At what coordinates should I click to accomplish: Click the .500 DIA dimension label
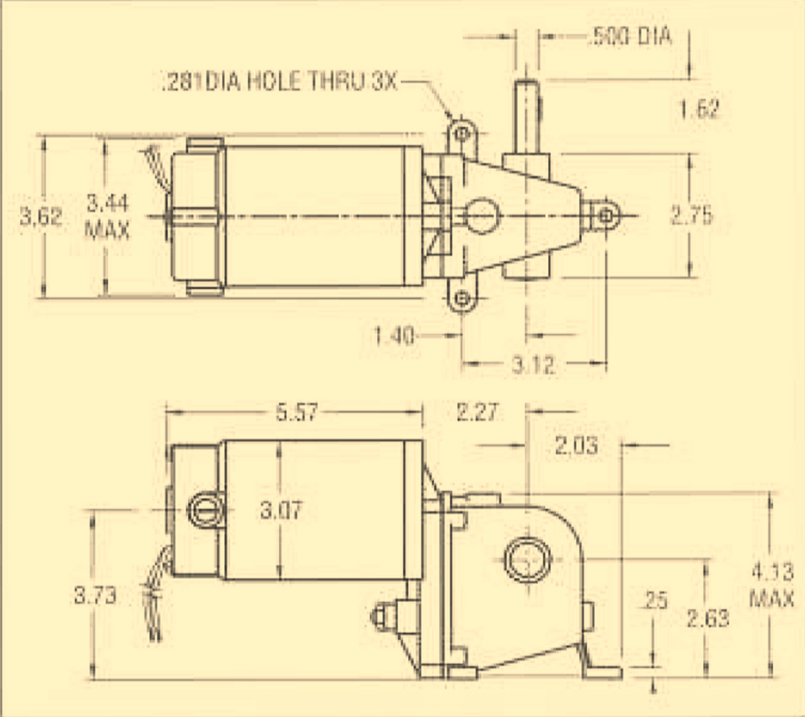pyautogui.click(x=631, y=37)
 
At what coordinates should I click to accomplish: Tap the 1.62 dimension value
pyautogui.click(x=699, y=109)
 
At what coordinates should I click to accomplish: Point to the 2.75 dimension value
pyautogui.click(x=691, y=215)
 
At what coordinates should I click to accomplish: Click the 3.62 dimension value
pyautogui.click(x=41, y=216)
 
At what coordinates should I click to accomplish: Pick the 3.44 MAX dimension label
pyautogui.click(x=107, y=216)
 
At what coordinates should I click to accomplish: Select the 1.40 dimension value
pyautogui.click(x=394, y=336)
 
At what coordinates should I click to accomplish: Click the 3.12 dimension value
pyautogui.click(x=533, y=365)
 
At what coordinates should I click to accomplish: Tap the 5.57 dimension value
pyautogui.click(x=296, y=413)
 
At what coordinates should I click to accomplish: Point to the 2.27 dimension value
pyautogui.click(x=477, y=413)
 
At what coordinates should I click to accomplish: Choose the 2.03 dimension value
pyautogui.click(x=576, y=446)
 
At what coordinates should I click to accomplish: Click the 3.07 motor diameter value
pyautogui.click(x=281, y=510)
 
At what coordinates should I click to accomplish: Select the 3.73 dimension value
pyautogui.click(x=95, y=596)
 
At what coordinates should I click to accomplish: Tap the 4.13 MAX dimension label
pyautogui.click(x=772, y=585)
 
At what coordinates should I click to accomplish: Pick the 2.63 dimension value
pyautogui.click(x=708, y=618)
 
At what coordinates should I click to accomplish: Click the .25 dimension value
pyautogui.click(x=655, y=601)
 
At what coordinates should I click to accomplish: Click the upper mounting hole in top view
pyautogui.click(x=461, y=134)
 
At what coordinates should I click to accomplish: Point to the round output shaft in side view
pyautogui.click(x=527, y=559)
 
